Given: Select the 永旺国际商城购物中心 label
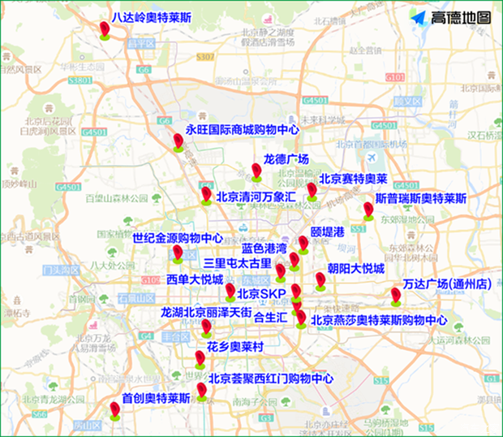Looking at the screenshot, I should pos(243,129).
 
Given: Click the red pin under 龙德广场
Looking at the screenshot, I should pos(256,171).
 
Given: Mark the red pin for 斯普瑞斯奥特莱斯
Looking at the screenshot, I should pos(369,210).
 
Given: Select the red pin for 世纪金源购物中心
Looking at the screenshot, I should pos(178,253).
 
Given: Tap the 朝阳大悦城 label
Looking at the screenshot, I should pos(355,268).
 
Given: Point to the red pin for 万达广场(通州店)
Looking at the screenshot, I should pos(396,294).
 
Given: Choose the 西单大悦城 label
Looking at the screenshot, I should pos(195,279).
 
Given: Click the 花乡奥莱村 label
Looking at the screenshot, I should pos(235,346).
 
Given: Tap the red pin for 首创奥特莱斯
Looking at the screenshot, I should pos(115,411).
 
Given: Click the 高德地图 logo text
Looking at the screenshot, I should pos(461,17).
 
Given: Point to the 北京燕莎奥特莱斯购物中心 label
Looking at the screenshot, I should pos(378,320).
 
